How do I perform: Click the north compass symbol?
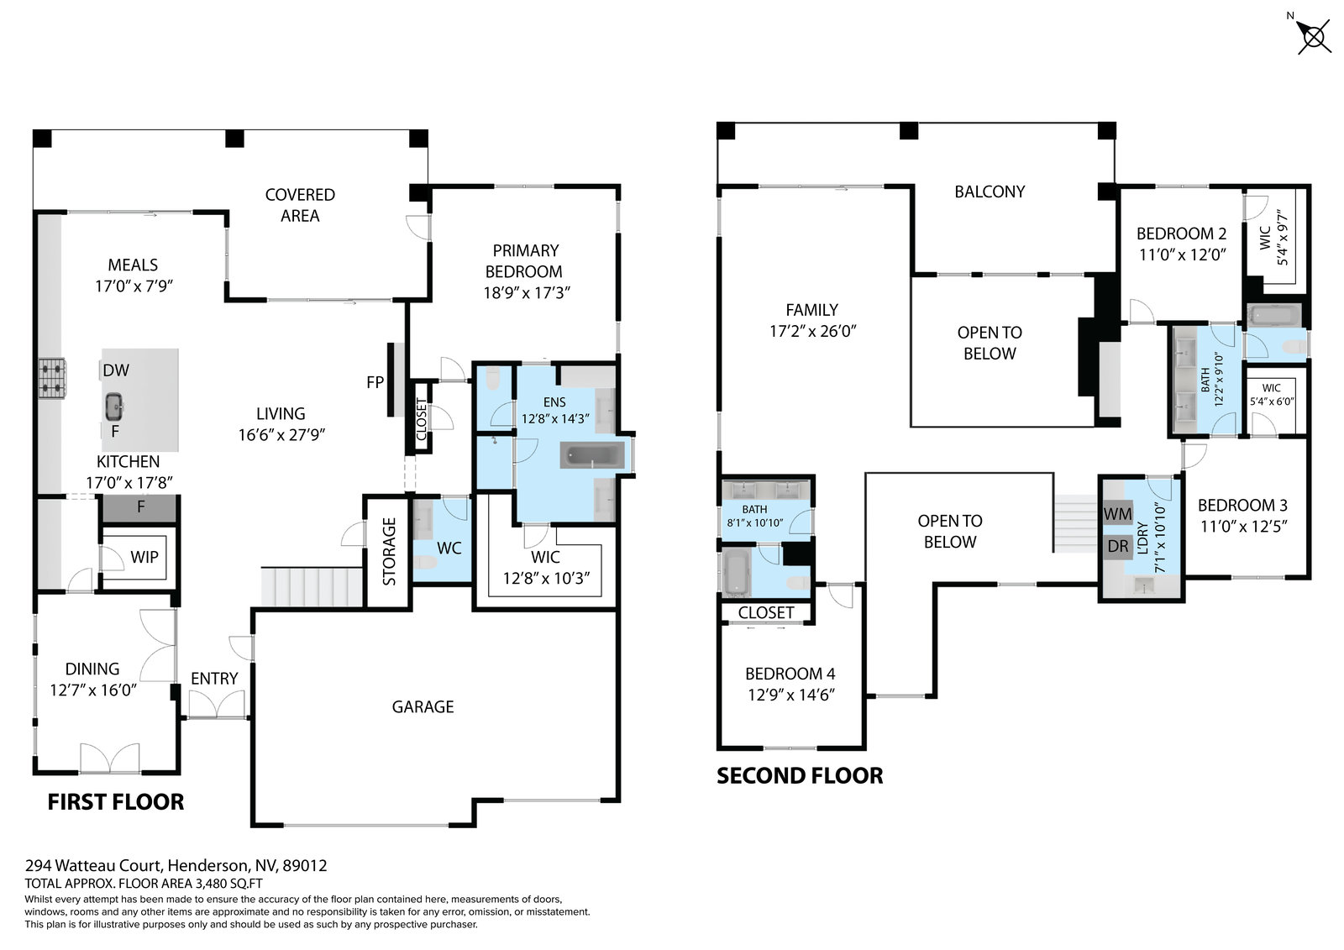(1312, 37)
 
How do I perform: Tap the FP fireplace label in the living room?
(375, 382)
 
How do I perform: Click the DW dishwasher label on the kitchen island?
(116, 370)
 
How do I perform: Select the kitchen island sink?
(114, 407)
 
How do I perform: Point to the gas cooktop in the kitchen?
(53, 379)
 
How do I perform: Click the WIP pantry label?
(144, 557)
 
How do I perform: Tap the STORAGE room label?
(390, 552)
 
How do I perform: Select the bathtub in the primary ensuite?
(593, 455)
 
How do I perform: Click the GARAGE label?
(423, 707)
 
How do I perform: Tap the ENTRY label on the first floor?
(214, 679)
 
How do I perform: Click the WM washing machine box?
(1118, 514)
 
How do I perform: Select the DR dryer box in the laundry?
(1118, 547)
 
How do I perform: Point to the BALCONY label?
(990, 192)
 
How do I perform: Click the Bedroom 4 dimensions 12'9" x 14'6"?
(791, 695)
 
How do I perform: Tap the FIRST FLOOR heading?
(116, 802)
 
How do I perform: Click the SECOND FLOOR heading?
(800, 776)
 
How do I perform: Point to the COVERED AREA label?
(300, 205)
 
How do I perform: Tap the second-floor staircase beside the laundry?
(1076, 523)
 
